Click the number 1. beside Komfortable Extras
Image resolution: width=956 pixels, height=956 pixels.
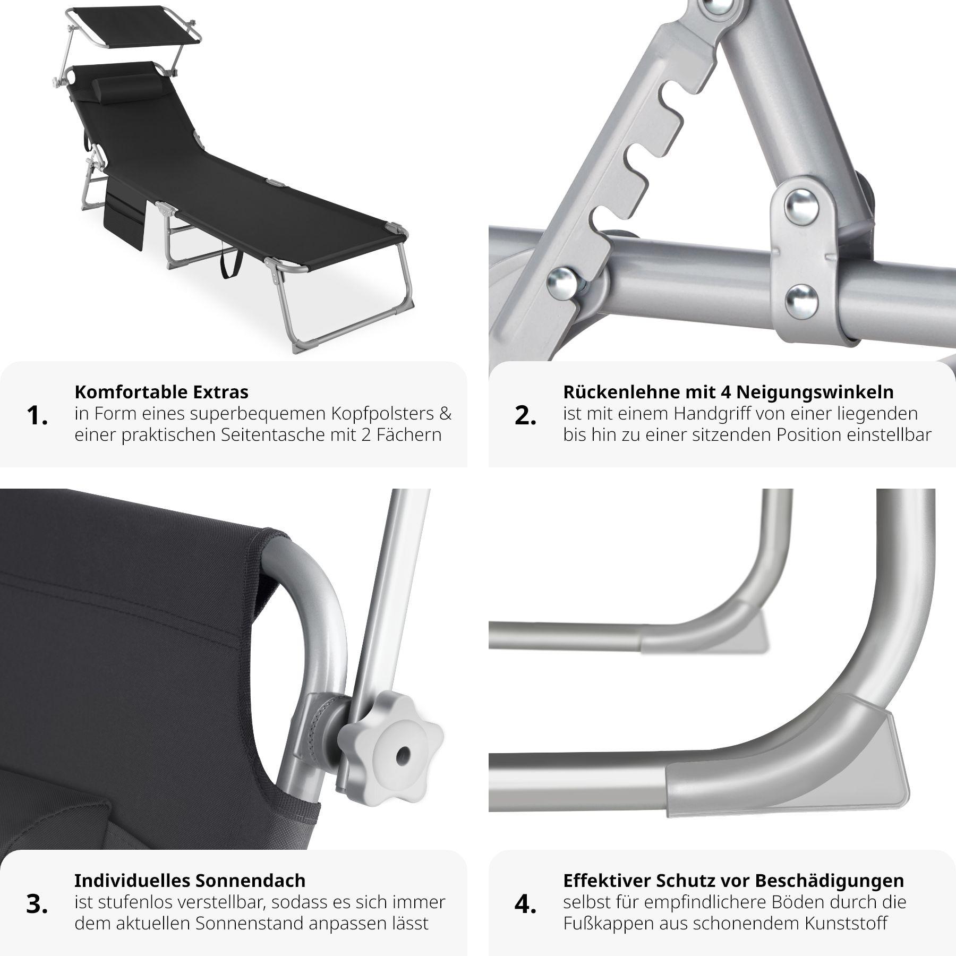pos(37,416)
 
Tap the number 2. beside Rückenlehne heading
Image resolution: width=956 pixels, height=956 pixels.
pos(526,416)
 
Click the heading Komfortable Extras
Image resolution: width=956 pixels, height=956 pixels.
pos(161,392)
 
